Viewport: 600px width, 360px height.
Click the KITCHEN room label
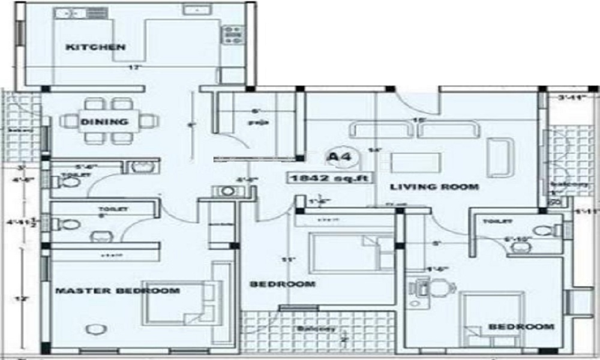pos(95,47)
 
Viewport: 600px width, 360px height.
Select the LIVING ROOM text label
pos(434,187)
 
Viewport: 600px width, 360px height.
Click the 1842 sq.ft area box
pos(329,178)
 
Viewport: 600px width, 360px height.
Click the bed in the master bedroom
pos(178,302)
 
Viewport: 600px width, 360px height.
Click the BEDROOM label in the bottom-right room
pos(521,326)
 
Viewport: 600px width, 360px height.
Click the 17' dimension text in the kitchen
pos(133,68)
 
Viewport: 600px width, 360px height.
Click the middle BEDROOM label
pos(291,284)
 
